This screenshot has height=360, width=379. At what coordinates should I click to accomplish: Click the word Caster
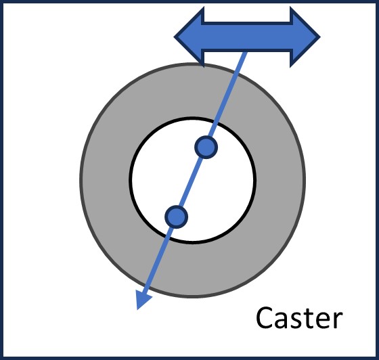tap(300, 317)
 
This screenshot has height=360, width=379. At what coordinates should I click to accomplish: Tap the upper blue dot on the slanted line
tap(206, 146)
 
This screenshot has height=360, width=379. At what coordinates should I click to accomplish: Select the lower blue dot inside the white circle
tap(176, 216)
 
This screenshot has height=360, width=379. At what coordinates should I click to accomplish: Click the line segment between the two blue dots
tap(191, 181)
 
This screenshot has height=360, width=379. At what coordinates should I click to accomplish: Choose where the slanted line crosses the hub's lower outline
tap(166, 239)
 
